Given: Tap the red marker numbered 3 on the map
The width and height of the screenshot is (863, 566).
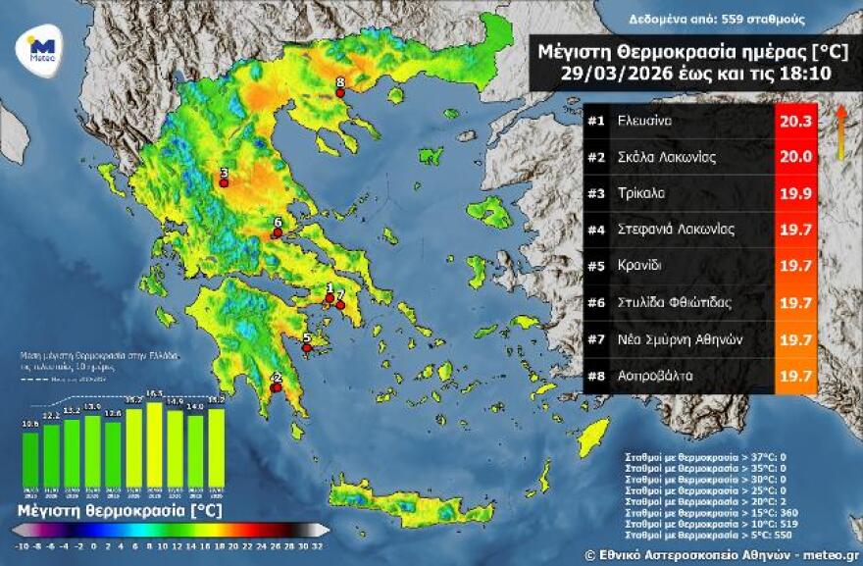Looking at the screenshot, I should point(224,182).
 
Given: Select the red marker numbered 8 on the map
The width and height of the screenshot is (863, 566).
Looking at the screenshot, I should point(340,93).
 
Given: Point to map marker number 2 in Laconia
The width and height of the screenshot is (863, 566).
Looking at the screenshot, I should point(276,387).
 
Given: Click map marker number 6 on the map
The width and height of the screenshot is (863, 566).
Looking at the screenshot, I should point(278,232).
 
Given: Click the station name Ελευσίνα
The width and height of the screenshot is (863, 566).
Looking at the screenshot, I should point(644,122).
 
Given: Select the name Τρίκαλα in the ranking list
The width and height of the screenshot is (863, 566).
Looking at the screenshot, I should point(641,193).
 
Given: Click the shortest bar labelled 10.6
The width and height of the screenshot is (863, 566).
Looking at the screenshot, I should point(30,459).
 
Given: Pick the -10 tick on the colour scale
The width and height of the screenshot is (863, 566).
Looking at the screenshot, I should point(22,543).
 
